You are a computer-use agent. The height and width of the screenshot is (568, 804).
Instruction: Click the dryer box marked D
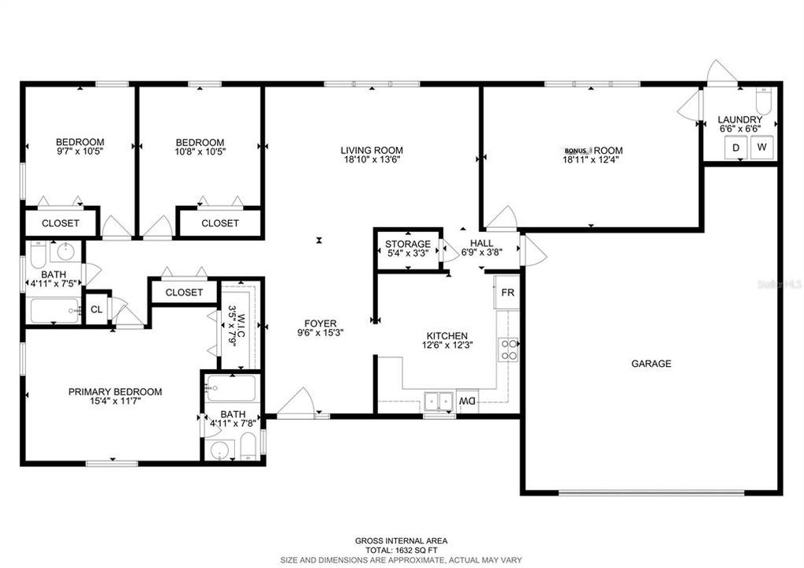point(735,148)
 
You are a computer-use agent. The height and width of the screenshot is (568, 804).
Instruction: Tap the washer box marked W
point(762,148)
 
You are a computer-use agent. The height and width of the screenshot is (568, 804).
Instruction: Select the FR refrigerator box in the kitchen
point(507,292)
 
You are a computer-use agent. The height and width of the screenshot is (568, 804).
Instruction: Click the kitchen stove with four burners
point(510,349)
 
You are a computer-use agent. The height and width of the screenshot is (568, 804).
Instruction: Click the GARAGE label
point(651,364)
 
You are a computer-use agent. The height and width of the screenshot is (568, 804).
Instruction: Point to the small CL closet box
point(96,309)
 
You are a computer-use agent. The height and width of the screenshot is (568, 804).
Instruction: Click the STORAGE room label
point(407,244)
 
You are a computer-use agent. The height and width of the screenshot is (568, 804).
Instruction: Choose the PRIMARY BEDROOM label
point(115,392)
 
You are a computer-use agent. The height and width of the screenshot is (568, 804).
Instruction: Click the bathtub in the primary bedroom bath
point(231,389)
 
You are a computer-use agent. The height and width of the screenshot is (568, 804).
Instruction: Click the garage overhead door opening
point(651,493)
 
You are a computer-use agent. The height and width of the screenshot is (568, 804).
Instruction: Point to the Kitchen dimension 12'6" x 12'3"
point(448,346)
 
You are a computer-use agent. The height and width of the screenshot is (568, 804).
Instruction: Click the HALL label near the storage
point(481,244)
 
